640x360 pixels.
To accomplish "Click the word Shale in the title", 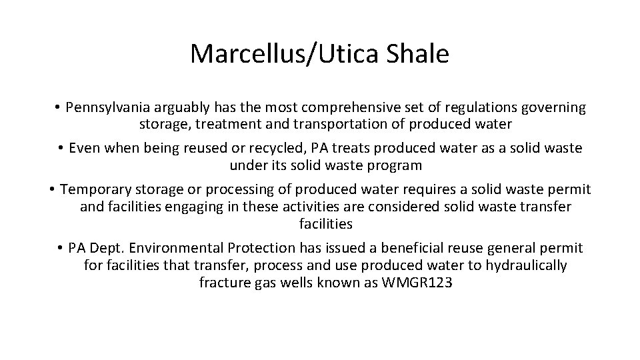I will (418, 54).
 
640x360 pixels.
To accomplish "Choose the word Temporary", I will (97, 189).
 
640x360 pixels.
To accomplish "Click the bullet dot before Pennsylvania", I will (59, 107).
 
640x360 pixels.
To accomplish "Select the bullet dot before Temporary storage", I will (52, 189).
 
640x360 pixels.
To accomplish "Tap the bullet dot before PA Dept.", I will (61, 248).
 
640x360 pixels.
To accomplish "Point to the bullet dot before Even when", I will (61, 147).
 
